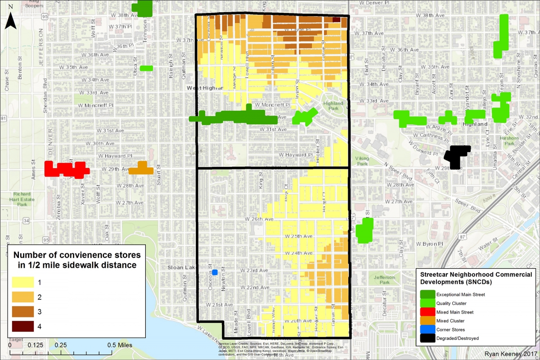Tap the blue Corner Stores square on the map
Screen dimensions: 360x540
click(x=215, y=272)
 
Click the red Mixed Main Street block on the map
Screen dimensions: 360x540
click(x=67, y=169)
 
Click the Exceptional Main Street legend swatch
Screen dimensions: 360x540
click(x=427, y=294)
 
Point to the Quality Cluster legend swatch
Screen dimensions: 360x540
click(x=427, y=303)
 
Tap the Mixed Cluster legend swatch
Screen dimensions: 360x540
click(x=427, y=320)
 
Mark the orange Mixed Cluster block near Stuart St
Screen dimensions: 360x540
click(x=141, y=168)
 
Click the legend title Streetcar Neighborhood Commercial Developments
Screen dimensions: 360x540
click(x=476, y=278)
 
